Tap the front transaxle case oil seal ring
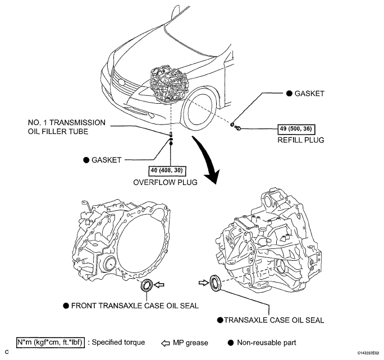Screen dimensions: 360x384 tap(148, 286)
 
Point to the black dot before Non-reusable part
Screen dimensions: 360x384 tap(231, 342)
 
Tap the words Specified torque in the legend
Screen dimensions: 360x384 tap(119, 342)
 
